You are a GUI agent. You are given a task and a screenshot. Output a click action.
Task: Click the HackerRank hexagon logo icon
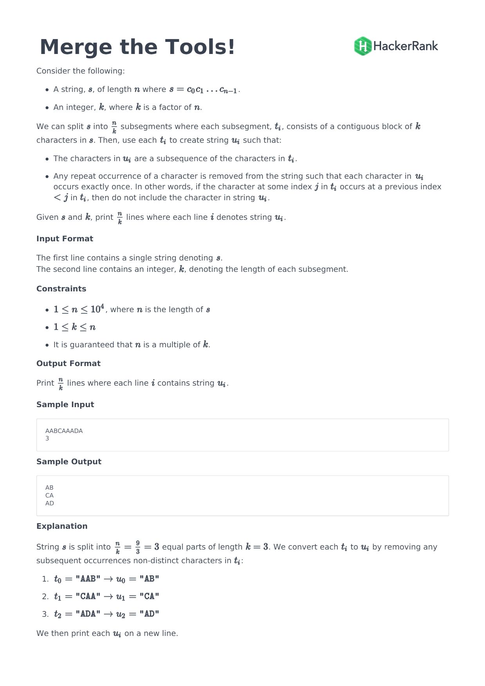click(x=362, y=46)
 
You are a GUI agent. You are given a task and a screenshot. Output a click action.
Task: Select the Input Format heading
click(x=65, y=239)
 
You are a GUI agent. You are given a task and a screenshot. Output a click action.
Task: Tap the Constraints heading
click(x=61, y=289)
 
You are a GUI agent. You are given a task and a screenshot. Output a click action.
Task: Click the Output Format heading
click(x=68, y=363)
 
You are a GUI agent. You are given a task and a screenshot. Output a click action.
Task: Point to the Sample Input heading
click(x=65, y=404)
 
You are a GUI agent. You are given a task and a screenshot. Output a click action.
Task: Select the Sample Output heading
click(x=69, y=462)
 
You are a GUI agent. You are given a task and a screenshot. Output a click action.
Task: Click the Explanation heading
click(x=62, y=526)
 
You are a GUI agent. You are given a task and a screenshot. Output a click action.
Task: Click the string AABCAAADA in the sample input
click(x=64, y=431)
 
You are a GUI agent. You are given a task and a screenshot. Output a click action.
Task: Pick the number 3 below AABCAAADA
click(x=47, y=438)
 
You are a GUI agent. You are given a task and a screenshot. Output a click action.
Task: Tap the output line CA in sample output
click(x=49, y=495)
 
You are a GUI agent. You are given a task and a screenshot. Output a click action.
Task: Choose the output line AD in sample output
click(x=50, y=503)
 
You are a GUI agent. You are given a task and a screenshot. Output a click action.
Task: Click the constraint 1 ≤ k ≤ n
click(x=75, y=327)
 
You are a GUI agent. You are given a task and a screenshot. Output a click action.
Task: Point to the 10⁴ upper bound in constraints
click(x=97, y=309)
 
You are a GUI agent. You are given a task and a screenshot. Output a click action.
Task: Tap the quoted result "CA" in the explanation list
click(x=149, y=596)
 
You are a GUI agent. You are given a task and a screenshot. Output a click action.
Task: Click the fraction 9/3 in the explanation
click(x=138, y=547)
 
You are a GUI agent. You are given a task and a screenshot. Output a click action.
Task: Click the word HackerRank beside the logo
click(x=406, y=46)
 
